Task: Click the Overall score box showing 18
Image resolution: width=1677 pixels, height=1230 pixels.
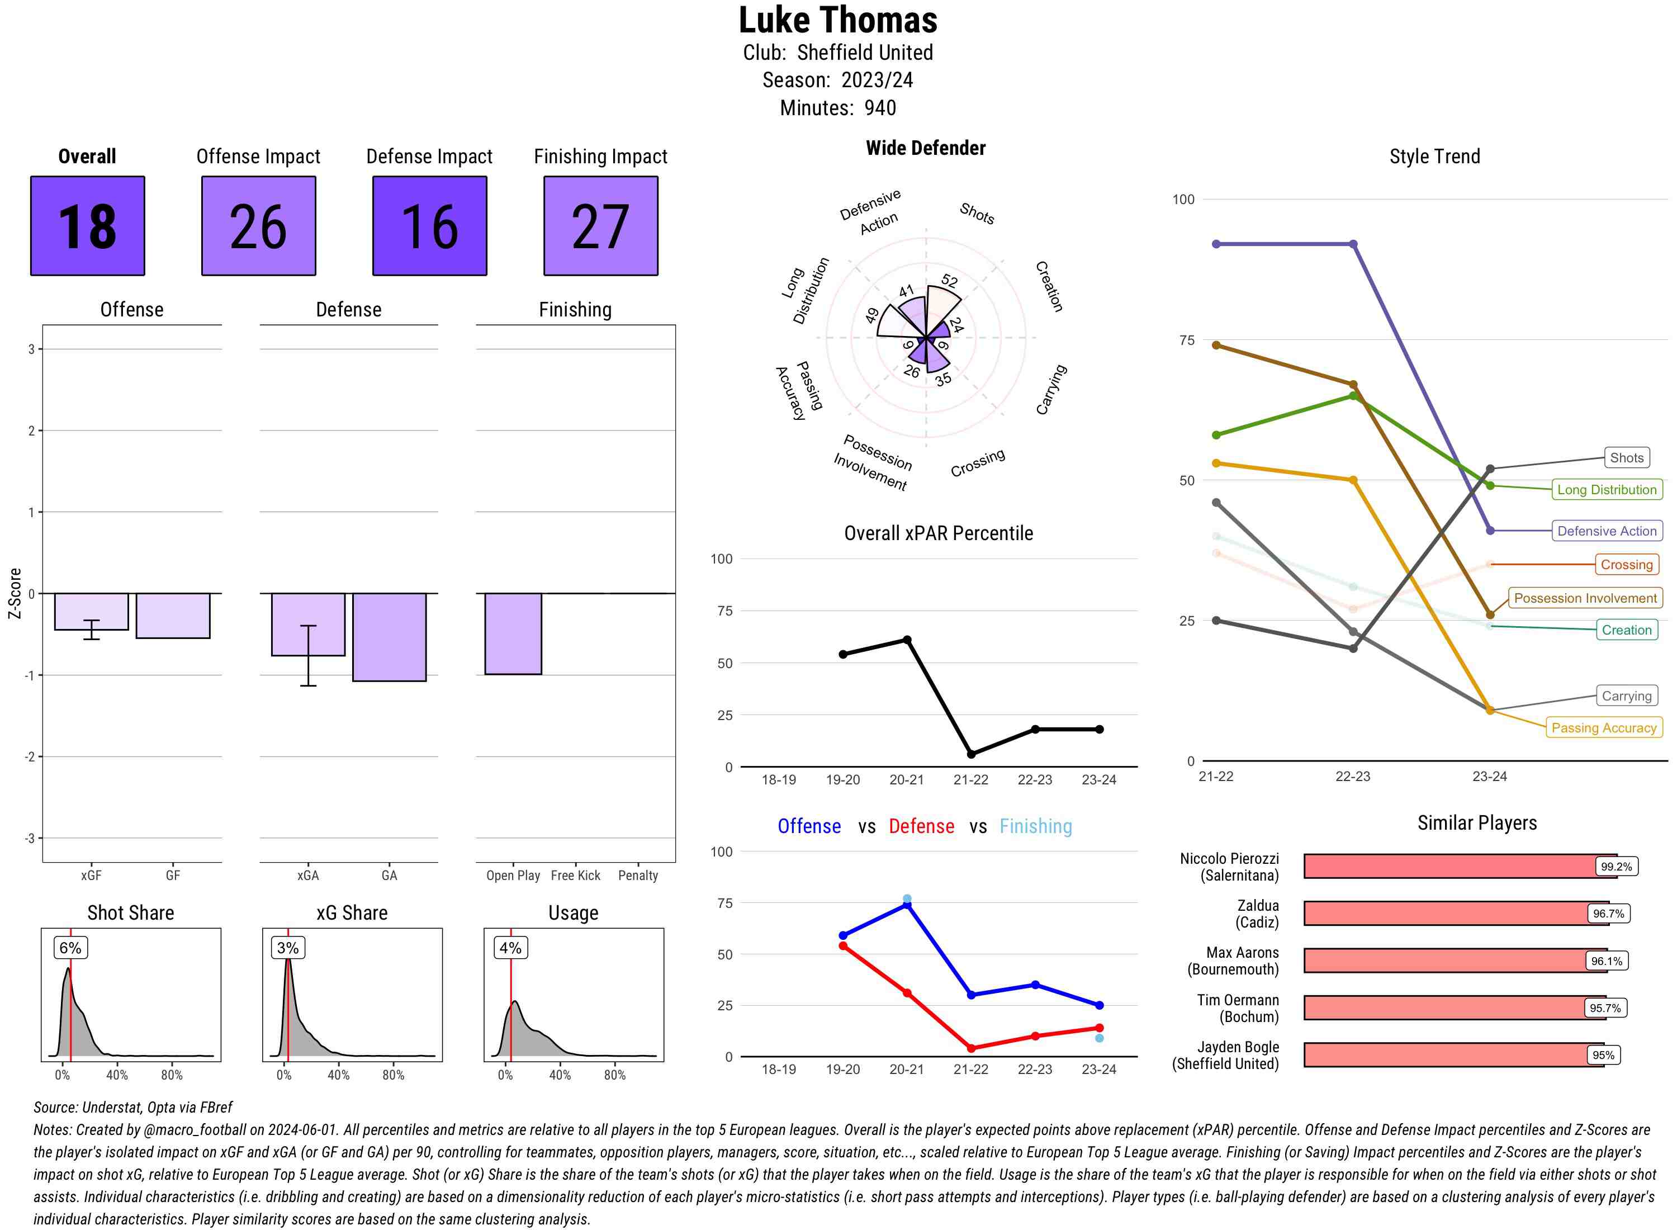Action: click(87, 226)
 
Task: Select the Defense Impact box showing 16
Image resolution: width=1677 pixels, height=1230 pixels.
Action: click(429, 226)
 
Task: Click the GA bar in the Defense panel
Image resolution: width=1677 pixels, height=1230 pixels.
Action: click(389, 637)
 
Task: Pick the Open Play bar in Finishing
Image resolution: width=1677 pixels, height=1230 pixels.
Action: click(513, 633)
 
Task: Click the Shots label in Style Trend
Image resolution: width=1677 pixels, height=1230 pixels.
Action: click(1626, 458)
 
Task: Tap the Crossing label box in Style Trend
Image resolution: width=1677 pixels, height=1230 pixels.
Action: click(1626, 564)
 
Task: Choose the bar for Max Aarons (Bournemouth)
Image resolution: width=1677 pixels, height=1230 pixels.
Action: click(1444, 961)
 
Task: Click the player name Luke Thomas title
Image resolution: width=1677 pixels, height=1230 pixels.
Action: click(837, 20)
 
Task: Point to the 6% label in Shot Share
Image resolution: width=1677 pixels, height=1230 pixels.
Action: click(70, 948)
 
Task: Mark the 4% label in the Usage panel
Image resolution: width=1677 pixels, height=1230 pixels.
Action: click(510, 948)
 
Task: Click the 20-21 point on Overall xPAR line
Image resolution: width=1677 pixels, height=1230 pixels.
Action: click(907, 640)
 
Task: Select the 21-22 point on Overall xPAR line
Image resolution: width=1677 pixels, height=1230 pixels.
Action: click(970, 754)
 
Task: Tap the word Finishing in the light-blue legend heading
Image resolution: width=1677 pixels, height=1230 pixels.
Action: click(1035, 826)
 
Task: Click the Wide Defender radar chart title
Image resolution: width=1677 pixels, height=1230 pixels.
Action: click(925, 148)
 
